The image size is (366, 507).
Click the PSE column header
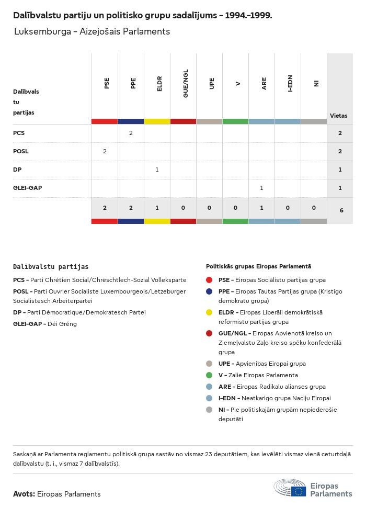(x=107, y=83)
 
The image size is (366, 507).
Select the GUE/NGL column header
(x=186, y=83)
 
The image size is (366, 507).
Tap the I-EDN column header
(x=290, y=83)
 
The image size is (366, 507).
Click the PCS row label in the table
(x=19, y=133)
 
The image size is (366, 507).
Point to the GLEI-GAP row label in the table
(x=27, y=188)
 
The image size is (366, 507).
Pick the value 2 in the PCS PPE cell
(x=131, y=133)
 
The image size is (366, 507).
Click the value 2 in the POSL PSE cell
(x=105, y=151)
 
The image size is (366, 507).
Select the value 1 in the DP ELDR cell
(x=157, y=170)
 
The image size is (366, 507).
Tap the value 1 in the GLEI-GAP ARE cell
(x=261, y=188)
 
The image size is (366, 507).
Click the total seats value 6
(x=341, y=210)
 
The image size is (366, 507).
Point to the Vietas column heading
(x=338, y=116)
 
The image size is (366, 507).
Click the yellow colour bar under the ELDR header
(x=157, y=121)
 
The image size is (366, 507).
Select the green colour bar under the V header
(x=235, y=121)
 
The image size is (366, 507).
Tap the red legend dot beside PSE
(x=209, y=280)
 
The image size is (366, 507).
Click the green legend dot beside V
(x=209, y=375)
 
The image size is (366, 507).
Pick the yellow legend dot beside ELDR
(x=209, y=312)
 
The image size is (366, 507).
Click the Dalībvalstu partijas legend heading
(x=51, y=267)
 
